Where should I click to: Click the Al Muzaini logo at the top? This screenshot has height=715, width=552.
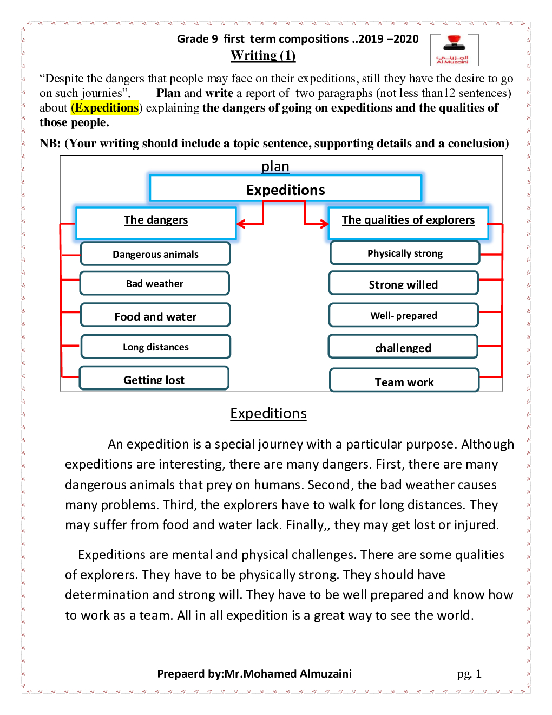point(454,50)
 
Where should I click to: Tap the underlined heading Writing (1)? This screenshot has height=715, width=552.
point(263,55)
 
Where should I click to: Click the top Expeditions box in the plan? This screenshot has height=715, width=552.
point(285,189)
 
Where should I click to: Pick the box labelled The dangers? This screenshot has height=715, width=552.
point(156,222)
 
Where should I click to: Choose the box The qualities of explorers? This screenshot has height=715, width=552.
point(408,222)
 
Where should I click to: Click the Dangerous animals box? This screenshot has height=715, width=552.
point(155,253)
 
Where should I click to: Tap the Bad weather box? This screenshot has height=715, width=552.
point(155,283)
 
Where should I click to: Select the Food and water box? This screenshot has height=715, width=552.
point(155,315)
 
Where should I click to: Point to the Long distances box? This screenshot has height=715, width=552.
point(156,347)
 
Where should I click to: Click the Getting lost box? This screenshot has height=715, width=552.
point(154,379)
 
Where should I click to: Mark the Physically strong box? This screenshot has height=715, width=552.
point(405,253)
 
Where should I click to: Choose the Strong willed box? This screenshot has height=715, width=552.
point(404,283)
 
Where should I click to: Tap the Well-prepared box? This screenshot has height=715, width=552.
point(404,315)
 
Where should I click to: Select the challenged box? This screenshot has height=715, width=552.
point(403,347)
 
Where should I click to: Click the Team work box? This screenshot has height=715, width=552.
point(404,381)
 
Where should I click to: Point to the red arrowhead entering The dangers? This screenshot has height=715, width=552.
point(241,224)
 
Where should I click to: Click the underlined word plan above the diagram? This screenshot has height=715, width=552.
point(275,166)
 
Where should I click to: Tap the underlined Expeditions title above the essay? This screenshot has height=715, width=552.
point(268,413)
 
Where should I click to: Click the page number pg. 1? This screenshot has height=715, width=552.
point(469,673)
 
